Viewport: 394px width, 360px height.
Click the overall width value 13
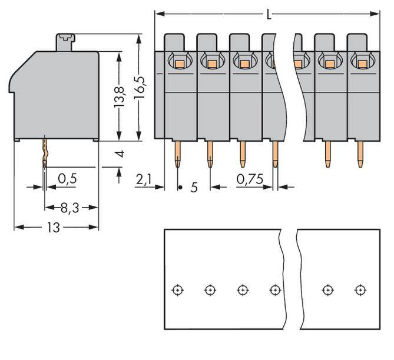[x=54, y=227]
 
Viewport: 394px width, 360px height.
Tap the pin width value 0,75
[x=249, y=179]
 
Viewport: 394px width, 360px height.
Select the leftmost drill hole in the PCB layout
[x=177, y=289]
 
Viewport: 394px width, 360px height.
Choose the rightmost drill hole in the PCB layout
[x=359, y=289]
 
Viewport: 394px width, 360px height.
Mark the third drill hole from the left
[x=242, y=289]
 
